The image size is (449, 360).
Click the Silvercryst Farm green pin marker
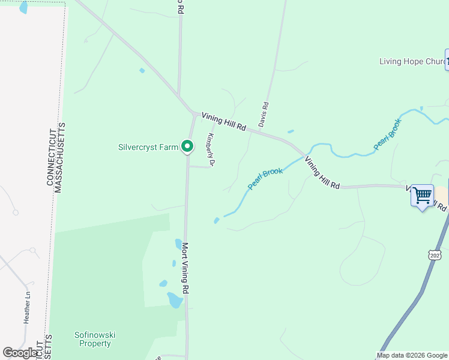187,146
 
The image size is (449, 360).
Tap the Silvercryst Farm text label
148,146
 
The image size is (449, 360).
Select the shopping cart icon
423,195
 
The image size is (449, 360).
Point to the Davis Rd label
264,113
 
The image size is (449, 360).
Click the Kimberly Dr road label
211,149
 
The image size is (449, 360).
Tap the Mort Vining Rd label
185,268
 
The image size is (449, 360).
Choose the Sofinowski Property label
92,339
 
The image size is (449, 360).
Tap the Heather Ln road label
27,308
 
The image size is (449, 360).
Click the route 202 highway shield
435,255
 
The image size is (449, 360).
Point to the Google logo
20,353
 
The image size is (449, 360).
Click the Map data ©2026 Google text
412,355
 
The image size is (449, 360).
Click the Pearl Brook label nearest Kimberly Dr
265,179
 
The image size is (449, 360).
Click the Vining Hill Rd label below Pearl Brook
322,173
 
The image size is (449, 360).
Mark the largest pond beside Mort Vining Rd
175,300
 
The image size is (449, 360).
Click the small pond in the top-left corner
23,8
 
